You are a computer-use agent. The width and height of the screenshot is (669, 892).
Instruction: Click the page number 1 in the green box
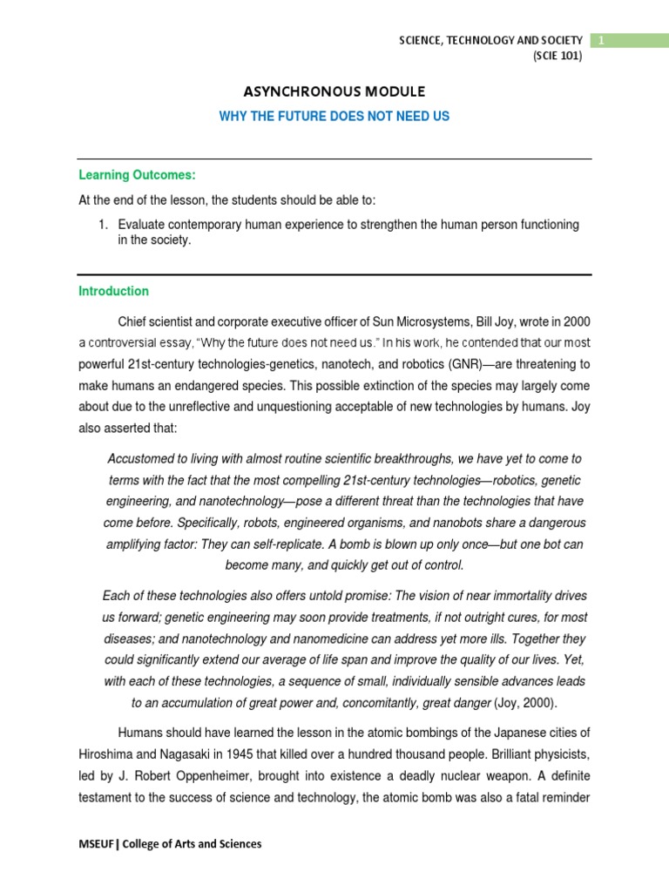coord(599,40)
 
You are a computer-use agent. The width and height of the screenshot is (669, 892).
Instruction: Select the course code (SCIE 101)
coord(557,57)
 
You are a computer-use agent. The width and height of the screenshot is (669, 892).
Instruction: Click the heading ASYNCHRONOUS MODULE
coord(334,91)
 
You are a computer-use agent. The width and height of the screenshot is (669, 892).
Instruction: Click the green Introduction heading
coord(114,291)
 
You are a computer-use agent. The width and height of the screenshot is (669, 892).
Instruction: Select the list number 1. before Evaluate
coord(103,225)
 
